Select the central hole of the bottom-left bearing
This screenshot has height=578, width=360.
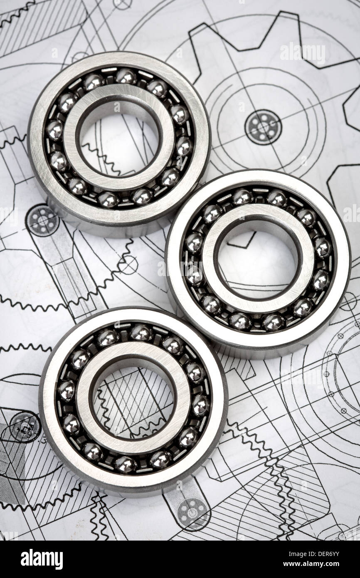[133, 402]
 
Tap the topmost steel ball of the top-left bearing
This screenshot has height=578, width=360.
[126, 77]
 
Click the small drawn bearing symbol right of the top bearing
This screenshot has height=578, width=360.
[263, 127]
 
